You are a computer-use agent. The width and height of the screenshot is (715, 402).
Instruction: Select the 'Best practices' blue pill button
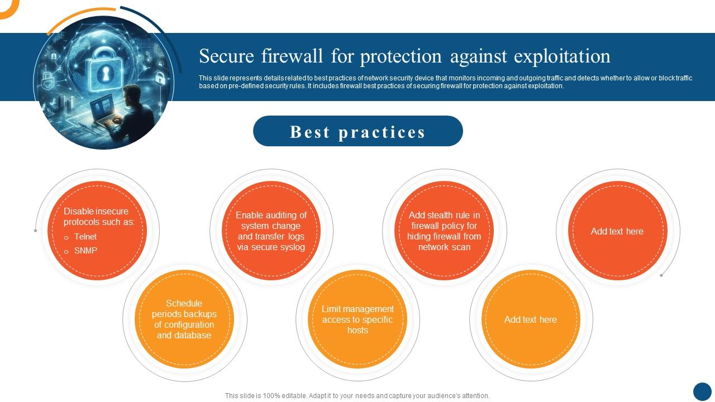pos(357,131)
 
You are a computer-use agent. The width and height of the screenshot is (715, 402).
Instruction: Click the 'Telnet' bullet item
pos(85,237)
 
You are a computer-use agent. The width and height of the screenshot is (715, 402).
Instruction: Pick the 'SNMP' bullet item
pos(85,251)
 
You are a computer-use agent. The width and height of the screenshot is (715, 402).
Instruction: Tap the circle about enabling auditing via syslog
pos(271,231)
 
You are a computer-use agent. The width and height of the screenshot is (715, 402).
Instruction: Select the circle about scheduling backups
pos(184,319)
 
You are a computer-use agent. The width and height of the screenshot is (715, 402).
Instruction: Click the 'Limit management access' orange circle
pos(357,319)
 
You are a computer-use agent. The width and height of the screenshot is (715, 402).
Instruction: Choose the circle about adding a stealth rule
pos(444,231)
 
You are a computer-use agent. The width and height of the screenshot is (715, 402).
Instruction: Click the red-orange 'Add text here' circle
pos(617,231)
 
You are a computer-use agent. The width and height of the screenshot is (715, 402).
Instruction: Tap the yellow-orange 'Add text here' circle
pos(531,319)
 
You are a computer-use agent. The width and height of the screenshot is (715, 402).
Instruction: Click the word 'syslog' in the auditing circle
pos(292,247)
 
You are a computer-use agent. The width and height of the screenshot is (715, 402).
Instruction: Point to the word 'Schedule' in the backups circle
pos(184,303)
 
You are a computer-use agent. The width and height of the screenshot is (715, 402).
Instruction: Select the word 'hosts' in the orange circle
pos(357,330)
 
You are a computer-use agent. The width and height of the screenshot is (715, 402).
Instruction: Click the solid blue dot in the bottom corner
pos(702,391)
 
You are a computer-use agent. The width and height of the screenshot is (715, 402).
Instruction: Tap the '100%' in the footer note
pos(271,396)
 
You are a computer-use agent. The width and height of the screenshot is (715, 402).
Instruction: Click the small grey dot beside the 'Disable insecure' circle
pos(36,231)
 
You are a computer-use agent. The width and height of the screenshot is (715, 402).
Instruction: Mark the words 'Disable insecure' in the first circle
pos(96,211)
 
